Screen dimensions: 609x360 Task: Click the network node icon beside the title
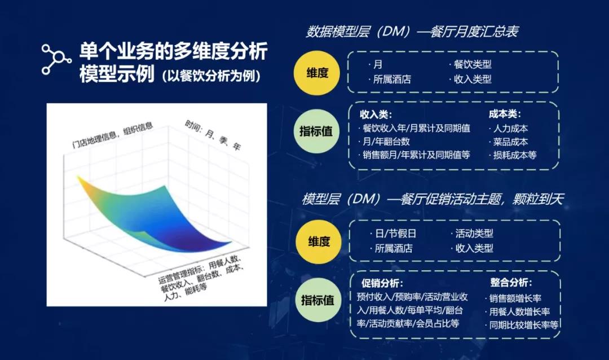[56, 59]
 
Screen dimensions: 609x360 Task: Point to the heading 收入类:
[376, 115]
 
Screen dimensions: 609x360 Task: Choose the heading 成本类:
[505, 114]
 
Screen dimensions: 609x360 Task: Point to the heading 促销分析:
[382, 283]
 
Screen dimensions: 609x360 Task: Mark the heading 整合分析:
[511, 282]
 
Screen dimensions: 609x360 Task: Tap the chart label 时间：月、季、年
[213, 135]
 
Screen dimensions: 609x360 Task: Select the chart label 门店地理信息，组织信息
[113, 135]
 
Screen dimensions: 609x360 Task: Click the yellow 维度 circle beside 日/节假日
[319, 242]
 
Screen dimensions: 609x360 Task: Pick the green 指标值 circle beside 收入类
[316, 131]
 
